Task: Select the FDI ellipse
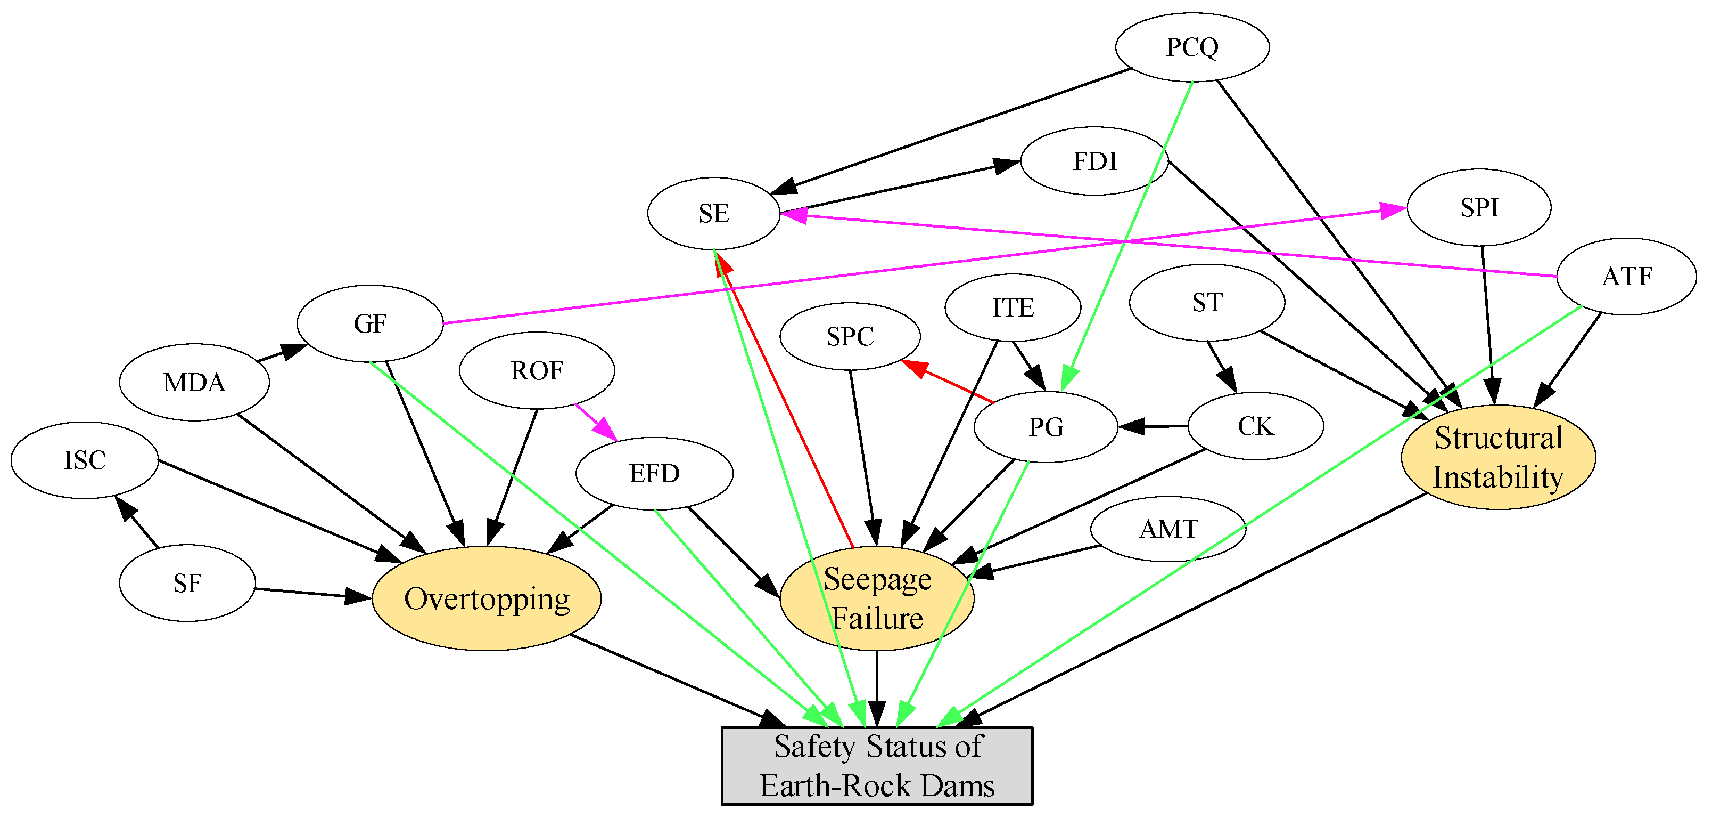pyautogui.click(x=1094, y=161)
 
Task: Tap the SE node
pyautogui.click(x=714, y=213)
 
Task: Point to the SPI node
pyautogui.click(x=1479, y=207)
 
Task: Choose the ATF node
pyautogui.click(x=1626, y=276)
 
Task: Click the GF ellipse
pyautogui.click(x=369, y=324)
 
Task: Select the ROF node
pyautogui.click(x=537, y=370)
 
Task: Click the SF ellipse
pyautogui.click(x=187, y=583)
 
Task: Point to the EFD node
pyautogui.click(x=655, y=474)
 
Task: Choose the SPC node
pyautogui.click(x=850, y=336)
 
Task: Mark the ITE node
pyautogui.click(x=1013, y=308)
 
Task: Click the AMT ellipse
pyautogui.click(x=1168, y=529)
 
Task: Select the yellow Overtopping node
pyautogui.click(x=487, y=598)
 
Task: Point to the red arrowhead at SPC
pyautogui.click(x=915, y=368)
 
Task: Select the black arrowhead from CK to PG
pyautogui.click(x=1131, y=427)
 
